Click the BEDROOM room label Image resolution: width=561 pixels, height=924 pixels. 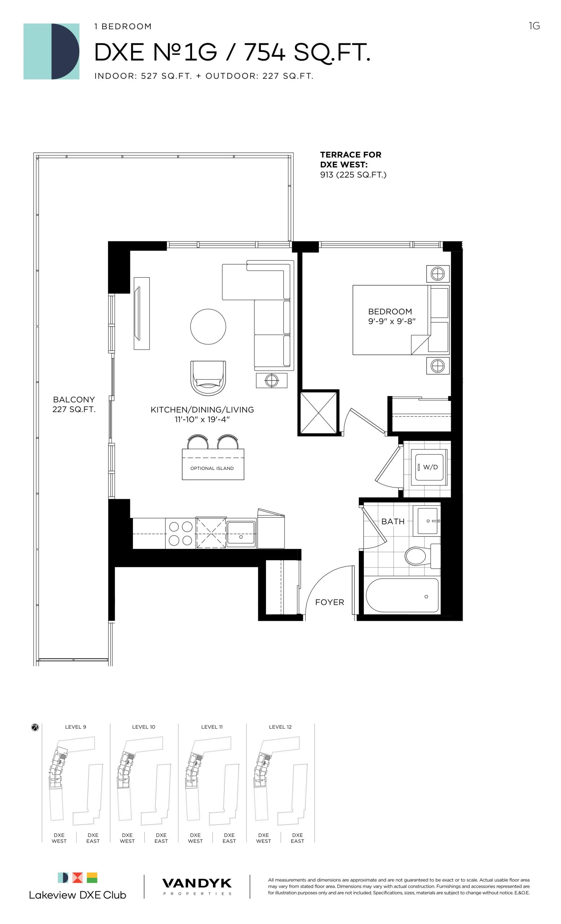pos(390,311)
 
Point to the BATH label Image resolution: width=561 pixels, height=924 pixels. pos(393,521)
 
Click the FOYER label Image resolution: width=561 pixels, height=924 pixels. pos(329,602)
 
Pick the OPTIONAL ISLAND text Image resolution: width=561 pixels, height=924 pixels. pos(212,468)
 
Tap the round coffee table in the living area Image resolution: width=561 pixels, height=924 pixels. pos(208,326)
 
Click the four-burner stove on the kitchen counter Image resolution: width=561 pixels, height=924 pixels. pos(181,533)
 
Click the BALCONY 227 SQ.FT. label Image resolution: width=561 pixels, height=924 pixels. pos(74,404)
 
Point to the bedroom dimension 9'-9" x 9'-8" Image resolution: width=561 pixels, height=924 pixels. pos(392,321)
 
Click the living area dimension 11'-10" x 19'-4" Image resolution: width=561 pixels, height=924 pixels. pos(202,419)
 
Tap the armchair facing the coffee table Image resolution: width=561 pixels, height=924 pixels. pos(208,378)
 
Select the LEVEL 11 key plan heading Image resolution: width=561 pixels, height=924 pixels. pos(212,727)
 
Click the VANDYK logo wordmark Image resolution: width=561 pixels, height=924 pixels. pos(197,883)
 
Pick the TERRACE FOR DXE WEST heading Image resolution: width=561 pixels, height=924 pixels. pos(351,160)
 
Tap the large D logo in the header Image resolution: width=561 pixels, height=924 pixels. pos(51,51)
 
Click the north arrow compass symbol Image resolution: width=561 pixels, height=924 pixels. pos(35,728)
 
